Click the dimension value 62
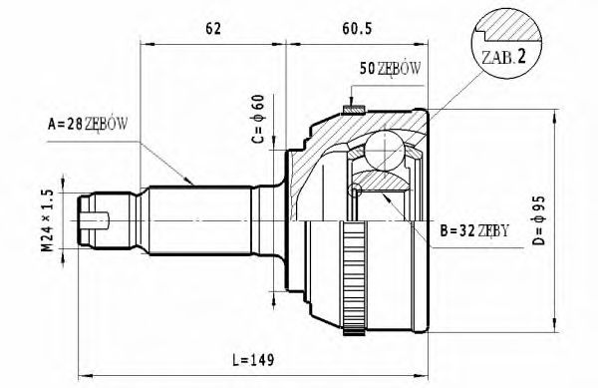coord(212,30)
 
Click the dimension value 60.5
coord(358,30)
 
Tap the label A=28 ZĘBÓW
coord(88,125)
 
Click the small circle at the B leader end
coord(354,191)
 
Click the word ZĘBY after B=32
coord(493,231)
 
